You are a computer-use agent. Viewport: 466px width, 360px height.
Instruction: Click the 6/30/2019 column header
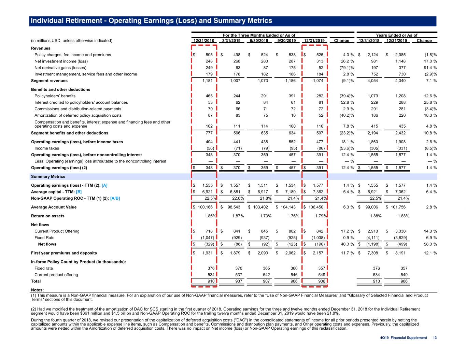pos(259,41)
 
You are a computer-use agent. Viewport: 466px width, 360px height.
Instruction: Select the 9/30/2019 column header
pos(286,41)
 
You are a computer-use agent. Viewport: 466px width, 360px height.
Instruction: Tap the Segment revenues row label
pos(49,81)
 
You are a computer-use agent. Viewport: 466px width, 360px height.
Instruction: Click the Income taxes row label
pos(47,148)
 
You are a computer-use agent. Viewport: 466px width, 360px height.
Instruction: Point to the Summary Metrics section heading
pos(48,176)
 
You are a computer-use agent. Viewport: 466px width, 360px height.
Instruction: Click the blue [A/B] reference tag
pos(115,198)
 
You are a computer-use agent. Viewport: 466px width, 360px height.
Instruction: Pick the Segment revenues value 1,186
pos(291,81)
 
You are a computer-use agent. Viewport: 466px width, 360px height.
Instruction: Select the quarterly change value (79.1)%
pos(347,68)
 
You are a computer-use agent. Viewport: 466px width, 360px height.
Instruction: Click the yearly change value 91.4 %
pos(430,68)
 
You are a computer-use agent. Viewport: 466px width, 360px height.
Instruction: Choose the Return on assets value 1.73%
pos(266,216)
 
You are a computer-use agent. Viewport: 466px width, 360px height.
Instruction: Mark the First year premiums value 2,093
pos(263,253)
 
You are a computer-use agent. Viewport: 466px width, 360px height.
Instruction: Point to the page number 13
pos(435,338)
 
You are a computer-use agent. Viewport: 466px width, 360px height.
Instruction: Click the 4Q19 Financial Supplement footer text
pos(404,338)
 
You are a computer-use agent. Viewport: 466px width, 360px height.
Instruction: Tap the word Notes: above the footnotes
pos(37,290)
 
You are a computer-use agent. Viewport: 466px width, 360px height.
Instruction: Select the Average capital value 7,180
pos(291,192)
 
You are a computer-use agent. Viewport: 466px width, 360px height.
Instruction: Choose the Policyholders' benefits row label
pos(55,96)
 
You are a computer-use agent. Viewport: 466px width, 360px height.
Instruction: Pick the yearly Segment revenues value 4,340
pos(400,81)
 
